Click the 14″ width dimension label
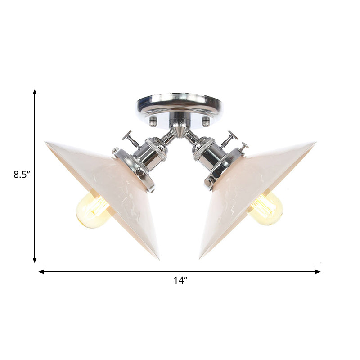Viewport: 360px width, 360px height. (180, 280)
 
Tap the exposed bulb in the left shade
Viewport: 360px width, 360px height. (92, 209)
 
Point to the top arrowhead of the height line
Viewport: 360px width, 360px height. (35, 91)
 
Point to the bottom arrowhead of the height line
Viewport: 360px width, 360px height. (35, 260)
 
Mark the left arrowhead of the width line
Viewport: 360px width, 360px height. (40, 272)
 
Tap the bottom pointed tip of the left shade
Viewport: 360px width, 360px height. (158, 258)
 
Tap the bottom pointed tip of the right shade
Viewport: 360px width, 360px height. (201, 257)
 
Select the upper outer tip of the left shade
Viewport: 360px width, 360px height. (46, 143)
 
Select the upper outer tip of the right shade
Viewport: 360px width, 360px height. (314, 142)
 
